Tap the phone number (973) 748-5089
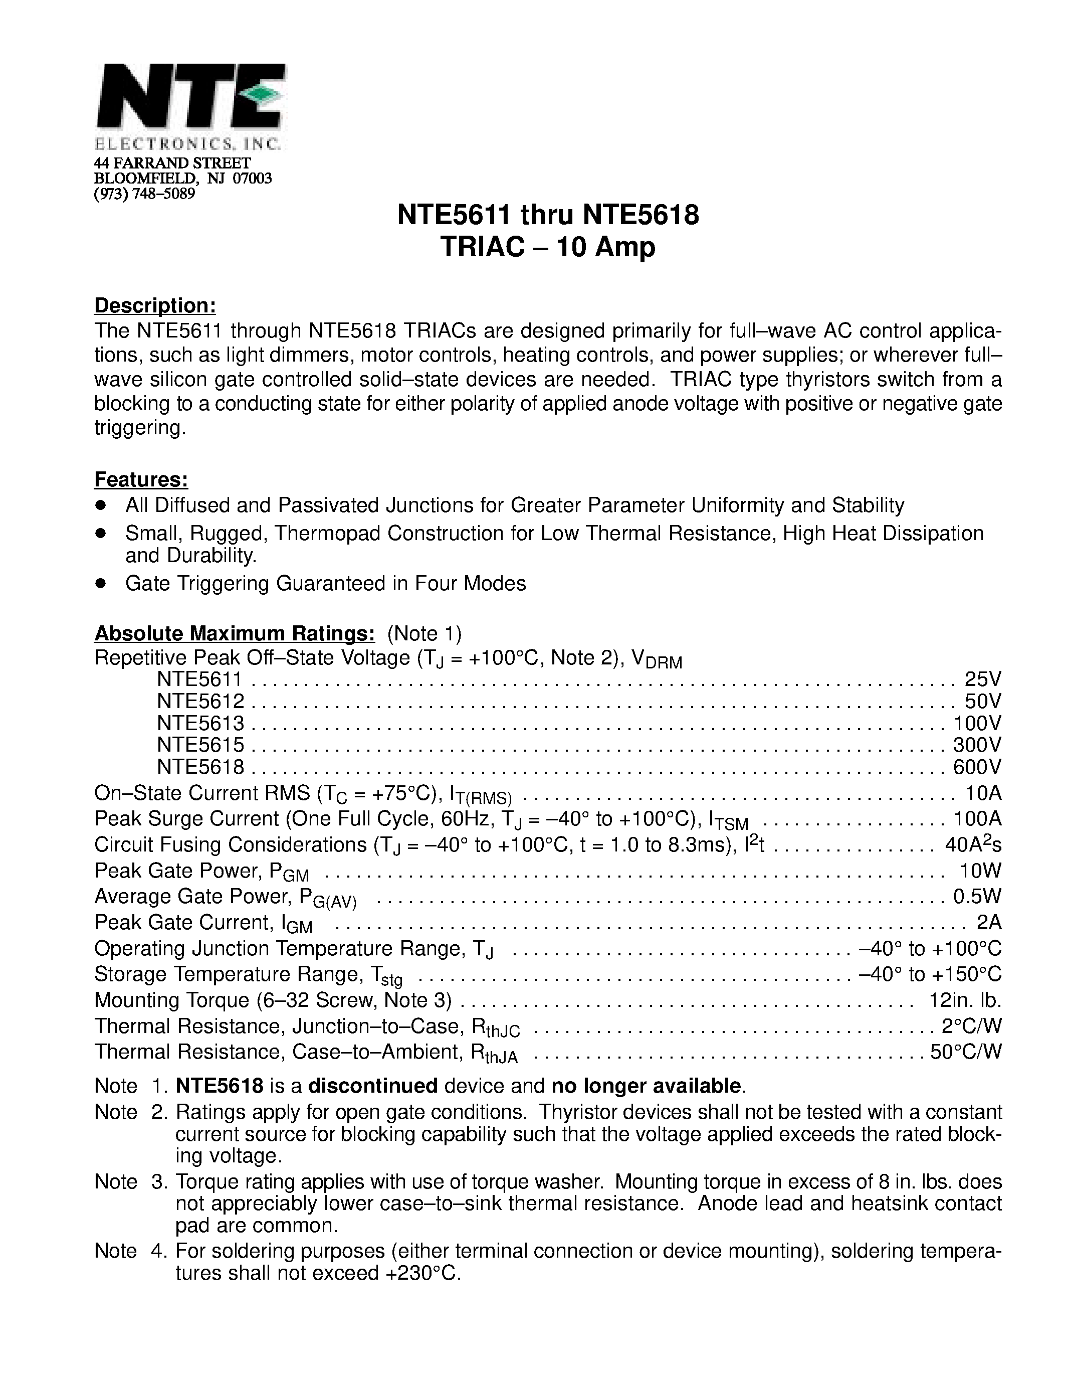point(144,193)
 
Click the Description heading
point(155,305)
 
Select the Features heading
point(141,480)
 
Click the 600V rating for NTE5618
point(977,767)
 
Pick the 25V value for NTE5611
point(983,679)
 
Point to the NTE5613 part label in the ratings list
point(200,723)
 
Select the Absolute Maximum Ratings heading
point(235,633)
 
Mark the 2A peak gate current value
point(989,923)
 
